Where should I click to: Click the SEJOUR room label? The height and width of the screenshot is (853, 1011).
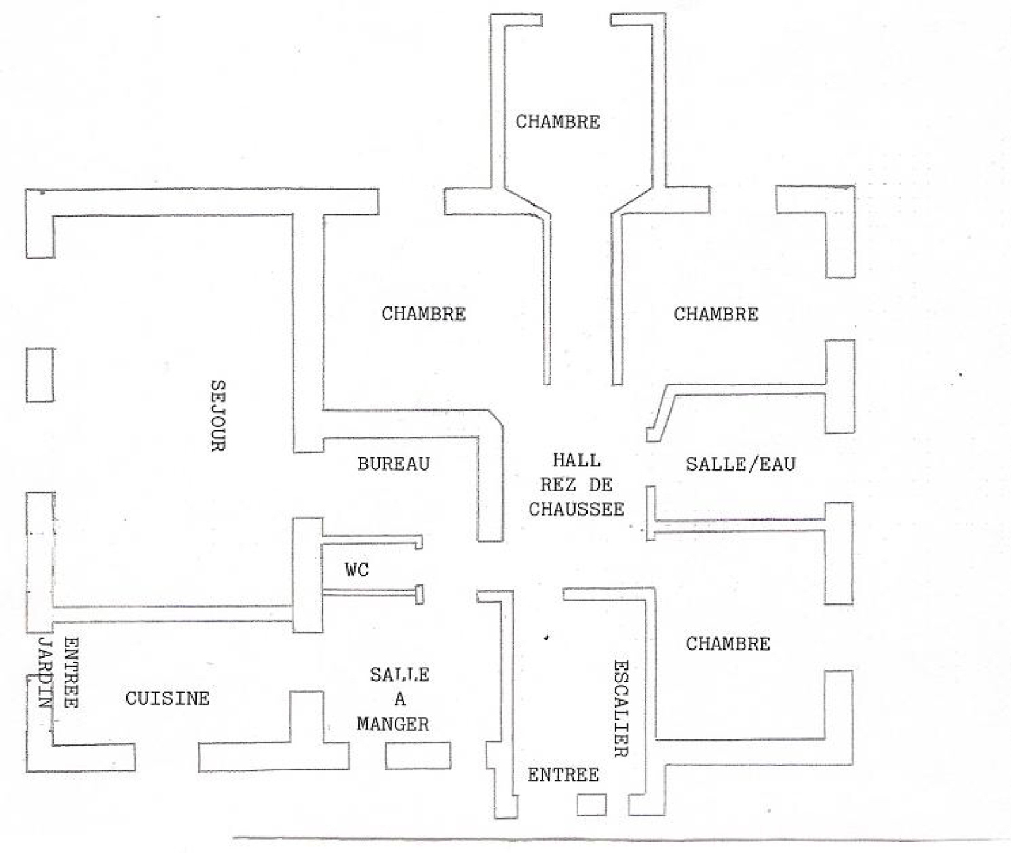click(x=217, y=415)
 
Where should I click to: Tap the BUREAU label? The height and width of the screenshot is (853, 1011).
click(x=393, y=464)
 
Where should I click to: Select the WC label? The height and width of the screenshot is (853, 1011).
click(x=356, y=570)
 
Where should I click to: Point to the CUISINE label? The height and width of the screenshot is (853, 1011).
click(x=167, y=698)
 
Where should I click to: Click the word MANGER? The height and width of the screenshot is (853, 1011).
click(x=393, y=724)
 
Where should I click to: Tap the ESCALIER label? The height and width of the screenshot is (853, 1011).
click(x=621, y=708)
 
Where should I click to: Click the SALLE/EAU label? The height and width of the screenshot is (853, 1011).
click(x=740, y=464)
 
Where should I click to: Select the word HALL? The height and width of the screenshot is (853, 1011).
click(x=576, y=460)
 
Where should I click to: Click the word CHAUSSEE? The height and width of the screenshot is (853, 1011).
click(x=576, y=509)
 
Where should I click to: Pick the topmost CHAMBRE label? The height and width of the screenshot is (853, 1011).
click(x=557, y=121)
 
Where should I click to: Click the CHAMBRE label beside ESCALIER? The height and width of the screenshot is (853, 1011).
click(x=728, y=644)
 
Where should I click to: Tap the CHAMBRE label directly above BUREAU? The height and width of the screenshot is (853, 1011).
click(x=423, y=313)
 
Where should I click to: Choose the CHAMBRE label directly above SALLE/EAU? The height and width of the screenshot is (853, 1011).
click(x=716, y=313)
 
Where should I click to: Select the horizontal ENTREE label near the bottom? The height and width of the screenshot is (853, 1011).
click(x=563, y=775)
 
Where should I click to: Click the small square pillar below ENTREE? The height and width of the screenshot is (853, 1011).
click(x=591, y=804)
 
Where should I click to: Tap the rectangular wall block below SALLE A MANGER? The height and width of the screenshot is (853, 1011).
click(x=418, y=756)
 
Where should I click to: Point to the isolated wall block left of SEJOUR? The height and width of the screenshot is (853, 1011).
click(x=40, y=375)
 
